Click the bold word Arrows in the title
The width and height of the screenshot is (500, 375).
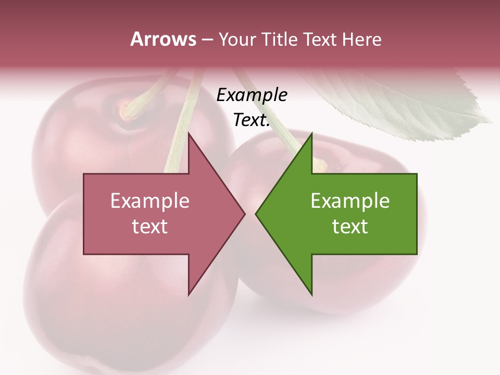coord(163,39)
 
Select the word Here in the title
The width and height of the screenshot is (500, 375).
coord(361,40)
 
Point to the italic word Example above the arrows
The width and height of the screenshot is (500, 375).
coord(252,95)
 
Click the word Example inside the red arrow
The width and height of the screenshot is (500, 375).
coord(150,201)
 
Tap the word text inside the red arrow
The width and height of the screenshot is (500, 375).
coord(150,227)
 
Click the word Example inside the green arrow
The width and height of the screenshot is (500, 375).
coord(350,201)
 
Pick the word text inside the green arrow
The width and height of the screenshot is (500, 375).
coord(350,227)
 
